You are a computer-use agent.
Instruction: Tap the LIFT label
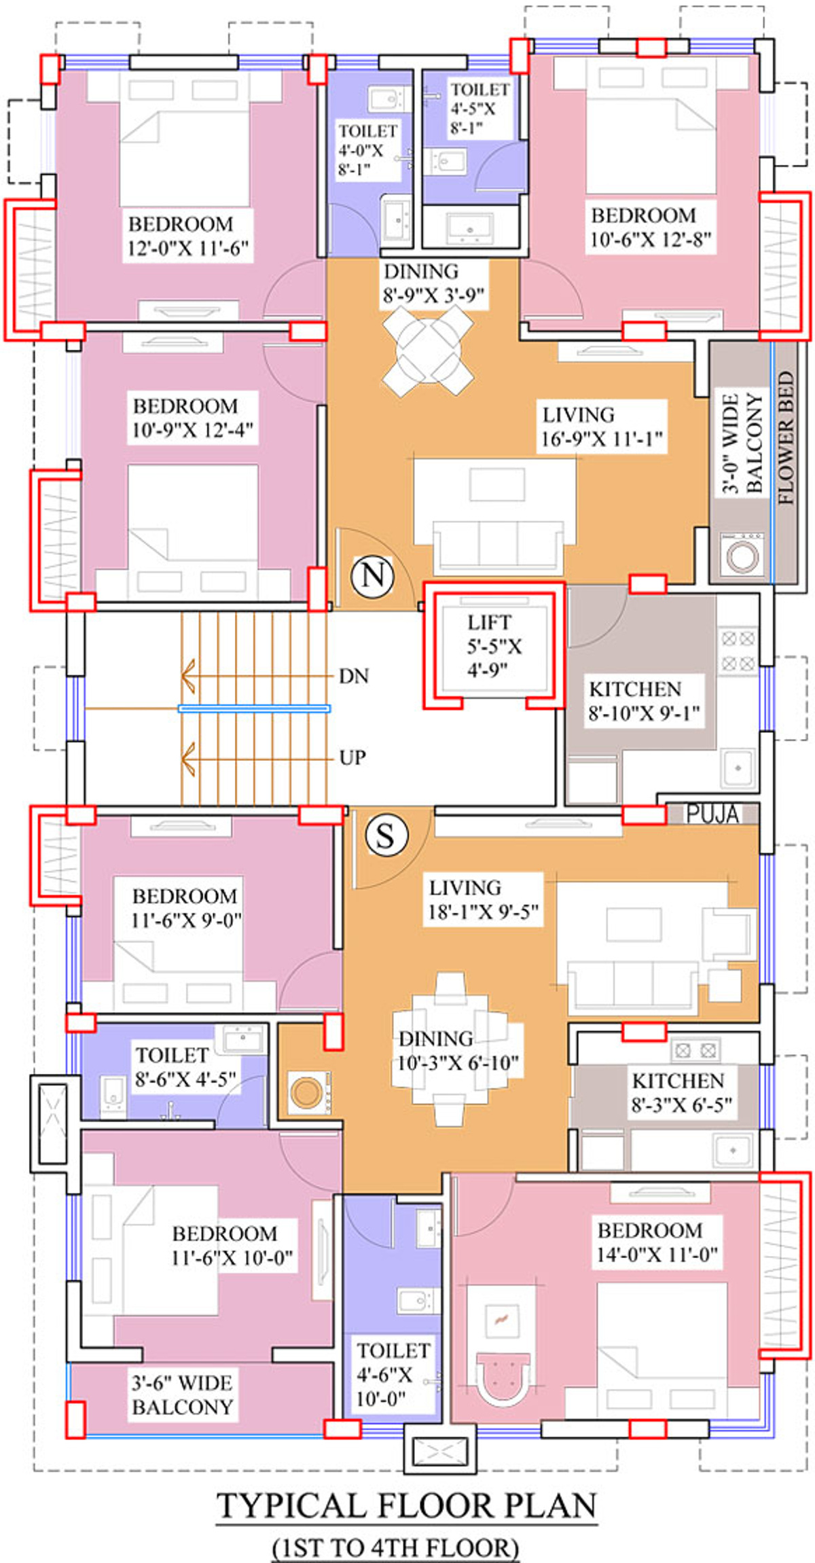tap(489, 622)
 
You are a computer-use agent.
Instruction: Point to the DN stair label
tap(354, 676)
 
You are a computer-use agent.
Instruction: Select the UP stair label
tap(352, 757)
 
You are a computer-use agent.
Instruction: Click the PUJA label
tap(712, 814)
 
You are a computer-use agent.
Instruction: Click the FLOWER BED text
tap(786, 437)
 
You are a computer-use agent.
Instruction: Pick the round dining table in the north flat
tap(429, 351)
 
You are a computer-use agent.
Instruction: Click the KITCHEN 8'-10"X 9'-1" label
tap(642, 701)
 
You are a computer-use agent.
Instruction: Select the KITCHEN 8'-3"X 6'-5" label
tap(681, 1093)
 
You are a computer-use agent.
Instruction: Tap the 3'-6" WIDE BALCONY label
tap(182, 1395)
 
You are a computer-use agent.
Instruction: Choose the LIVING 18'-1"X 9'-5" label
tap(483, 899)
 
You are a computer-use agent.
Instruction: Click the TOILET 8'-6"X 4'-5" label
tap(185, 1067)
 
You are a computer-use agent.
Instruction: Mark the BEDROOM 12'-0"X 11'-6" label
tap(188, 236)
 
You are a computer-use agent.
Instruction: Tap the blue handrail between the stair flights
tap(254, 708)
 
